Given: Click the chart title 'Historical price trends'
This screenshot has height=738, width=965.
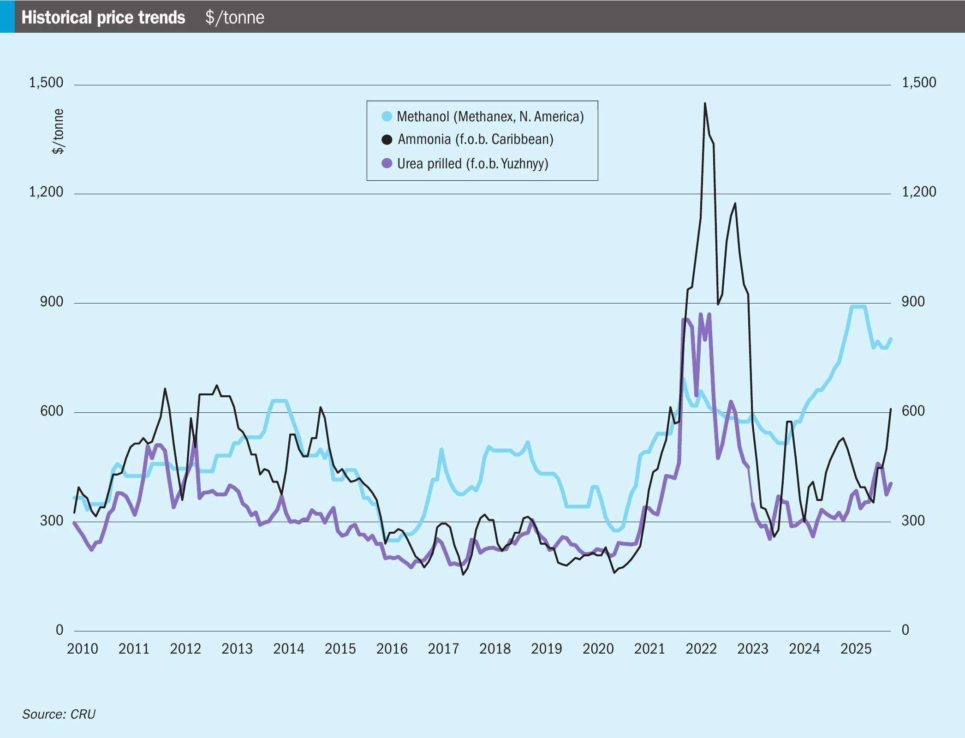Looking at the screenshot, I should click(x=103, y=18).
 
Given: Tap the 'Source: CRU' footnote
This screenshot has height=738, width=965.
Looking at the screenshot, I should click(x=59, y=714).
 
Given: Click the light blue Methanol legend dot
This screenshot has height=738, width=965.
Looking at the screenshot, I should click(x=387, y=116).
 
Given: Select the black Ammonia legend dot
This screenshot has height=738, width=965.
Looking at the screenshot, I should click(x=387, y=139).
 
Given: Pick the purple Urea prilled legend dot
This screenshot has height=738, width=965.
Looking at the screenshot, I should click(x=387, y=163).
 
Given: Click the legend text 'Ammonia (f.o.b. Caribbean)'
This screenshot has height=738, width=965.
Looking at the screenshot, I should click(x=476, y=139).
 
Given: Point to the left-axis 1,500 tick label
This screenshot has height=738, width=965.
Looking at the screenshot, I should click(x=46, y=83).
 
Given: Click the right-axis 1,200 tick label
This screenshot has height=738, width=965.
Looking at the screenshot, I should click(x=919, y=192).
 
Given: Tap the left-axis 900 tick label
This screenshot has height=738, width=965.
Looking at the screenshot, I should click(x=52, y=302).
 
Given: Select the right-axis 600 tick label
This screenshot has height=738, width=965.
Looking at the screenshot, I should click(x=913, y=411).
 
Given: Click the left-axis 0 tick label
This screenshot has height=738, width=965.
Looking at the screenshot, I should click(x=60, y=630).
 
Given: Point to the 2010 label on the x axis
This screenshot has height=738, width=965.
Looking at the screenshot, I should click(x=83, y=649).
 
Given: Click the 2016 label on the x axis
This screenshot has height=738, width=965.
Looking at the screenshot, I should click(x=392, y=649).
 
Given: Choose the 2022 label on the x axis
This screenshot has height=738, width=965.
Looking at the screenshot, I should click(x=701, y=649).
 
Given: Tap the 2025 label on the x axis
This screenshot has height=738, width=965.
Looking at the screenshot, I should click(x=856, y=649).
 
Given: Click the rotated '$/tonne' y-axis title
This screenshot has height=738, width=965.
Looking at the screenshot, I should click(x=58, y=131).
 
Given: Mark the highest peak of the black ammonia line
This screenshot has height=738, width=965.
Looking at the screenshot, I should click(x=705, y=104).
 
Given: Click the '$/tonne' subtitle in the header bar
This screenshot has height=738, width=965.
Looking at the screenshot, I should click(x=235, y=18).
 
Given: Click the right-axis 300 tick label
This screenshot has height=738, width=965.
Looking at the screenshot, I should click(x=913, y=520).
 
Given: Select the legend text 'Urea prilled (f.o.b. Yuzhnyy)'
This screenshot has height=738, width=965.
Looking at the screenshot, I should click(x=473, y=164).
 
